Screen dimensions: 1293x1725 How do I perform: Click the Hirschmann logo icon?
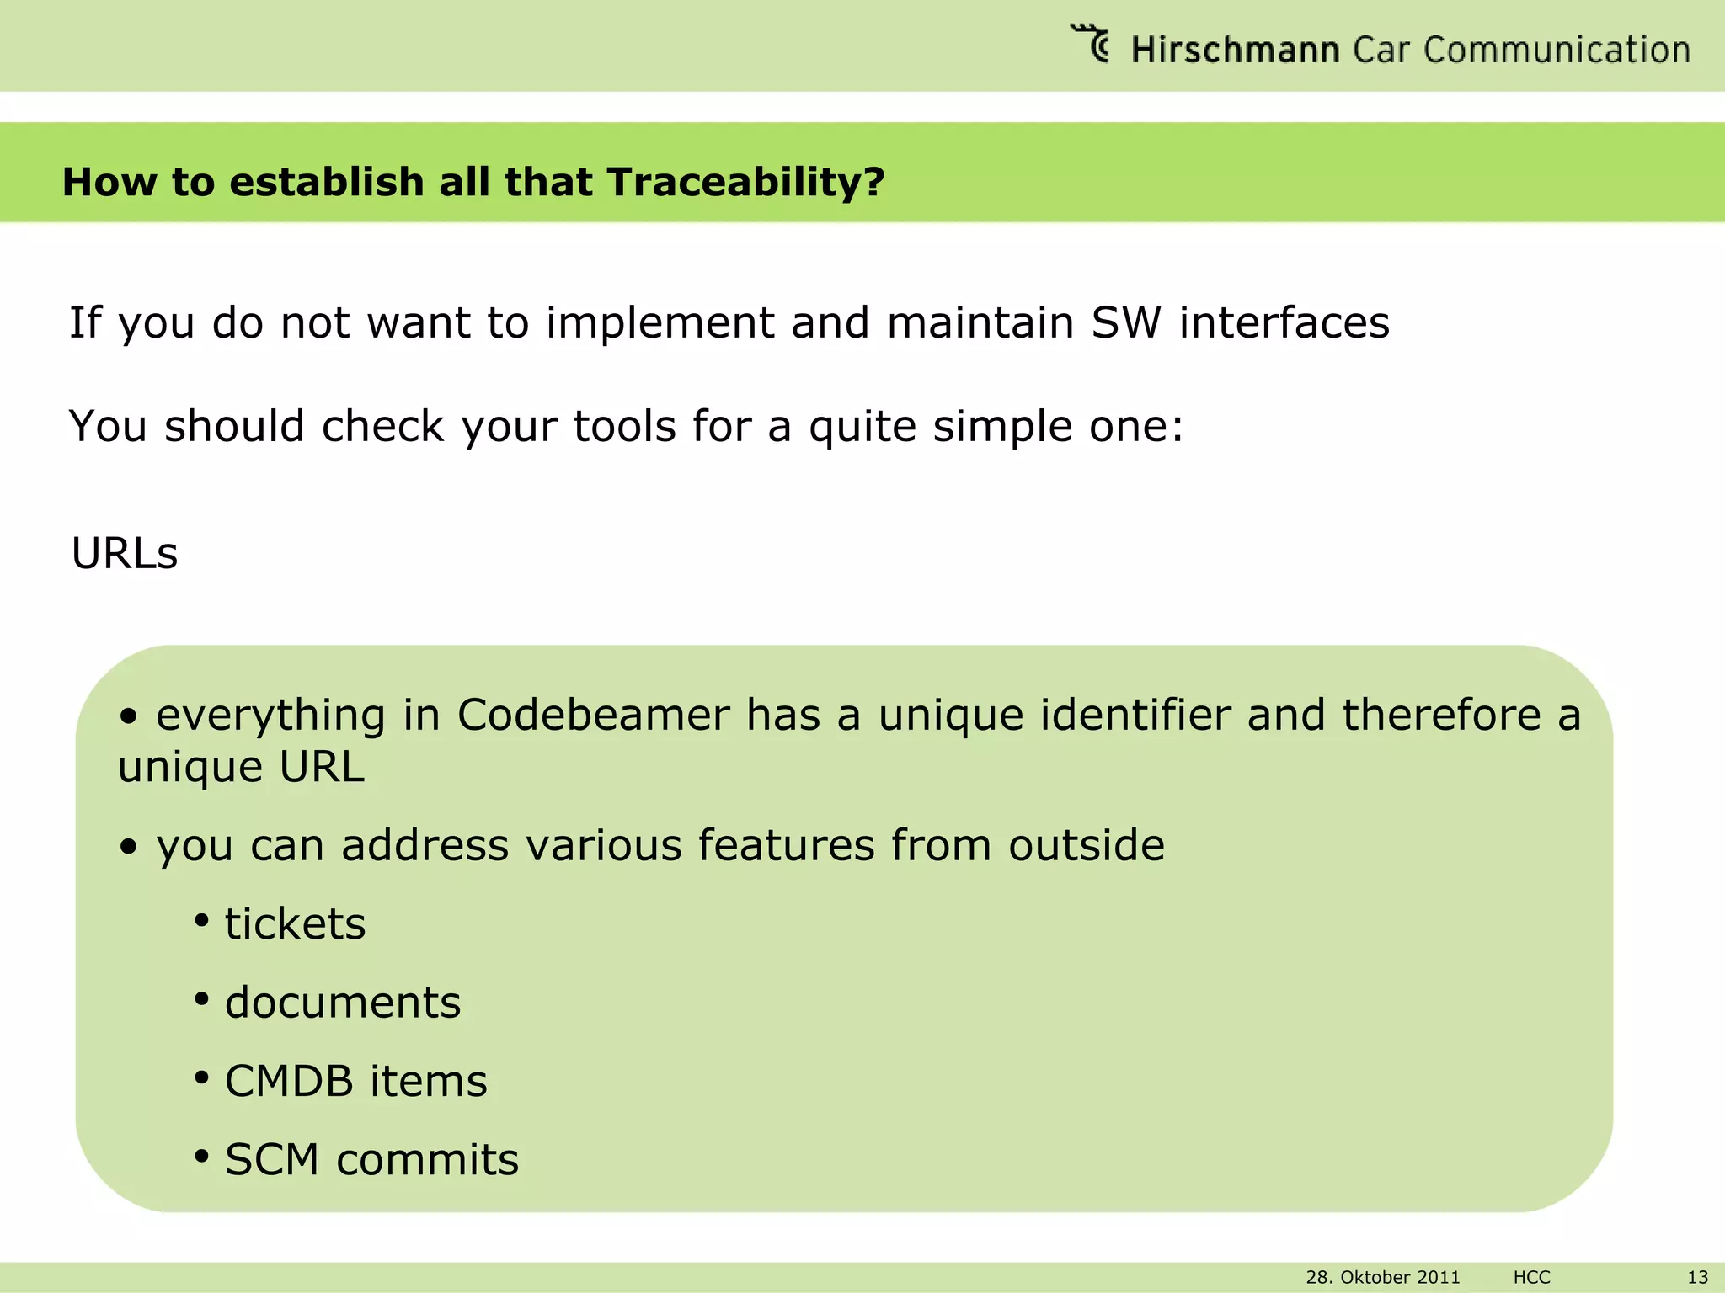point(1091,44)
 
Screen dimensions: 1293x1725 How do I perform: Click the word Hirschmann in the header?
point(1235,51)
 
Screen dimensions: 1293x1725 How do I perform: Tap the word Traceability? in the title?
point(745,182)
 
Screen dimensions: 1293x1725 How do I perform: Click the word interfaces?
point(1284,322)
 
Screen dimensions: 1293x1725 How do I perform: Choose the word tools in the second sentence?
point(625,426)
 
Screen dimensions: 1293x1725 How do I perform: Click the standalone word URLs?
point(125,553)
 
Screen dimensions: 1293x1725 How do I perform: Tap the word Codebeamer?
point(593,716)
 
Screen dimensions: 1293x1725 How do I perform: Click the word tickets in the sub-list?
point(295,923)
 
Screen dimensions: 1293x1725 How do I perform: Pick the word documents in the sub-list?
point(343,1003)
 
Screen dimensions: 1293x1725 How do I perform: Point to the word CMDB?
point(289,1081)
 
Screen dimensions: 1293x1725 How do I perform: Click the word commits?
point(428,1160)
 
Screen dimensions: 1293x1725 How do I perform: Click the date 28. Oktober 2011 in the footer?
point(1382,1277)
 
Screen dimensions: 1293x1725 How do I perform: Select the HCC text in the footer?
point(1531,1277)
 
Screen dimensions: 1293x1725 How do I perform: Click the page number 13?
point(1697,1277)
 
